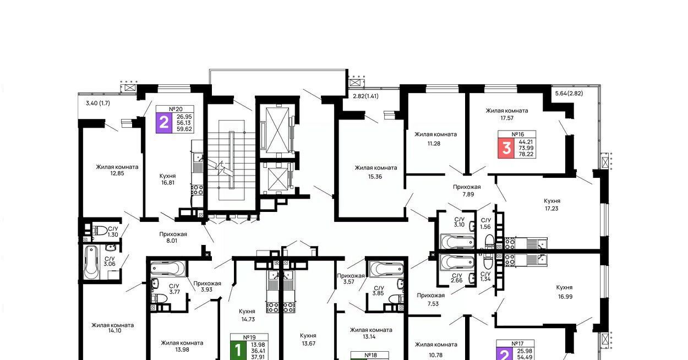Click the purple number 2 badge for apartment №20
[163, 123]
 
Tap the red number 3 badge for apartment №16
[506, 148]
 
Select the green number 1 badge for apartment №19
[238, 350]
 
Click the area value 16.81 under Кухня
[168, 182]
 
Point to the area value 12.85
[117, 173]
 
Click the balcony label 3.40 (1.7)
[97, 103]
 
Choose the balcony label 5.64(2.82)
[569, 93]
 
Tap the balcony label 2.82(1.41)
[365, 96]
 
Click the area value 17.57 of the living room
[507, 118]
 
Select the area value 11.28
[434, 144]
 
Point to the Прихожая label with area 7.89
[467, 187]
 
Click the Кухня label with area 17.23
[552, 201]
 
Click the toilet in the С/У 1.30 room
[100, 230]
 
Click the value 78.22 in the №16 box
[526, 154]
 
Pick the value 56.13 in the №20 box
[184, 123]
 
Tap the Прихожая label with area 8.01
[173, 234]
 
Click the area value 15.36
[375, 177]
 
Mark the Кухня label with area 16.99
[564, 287]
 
